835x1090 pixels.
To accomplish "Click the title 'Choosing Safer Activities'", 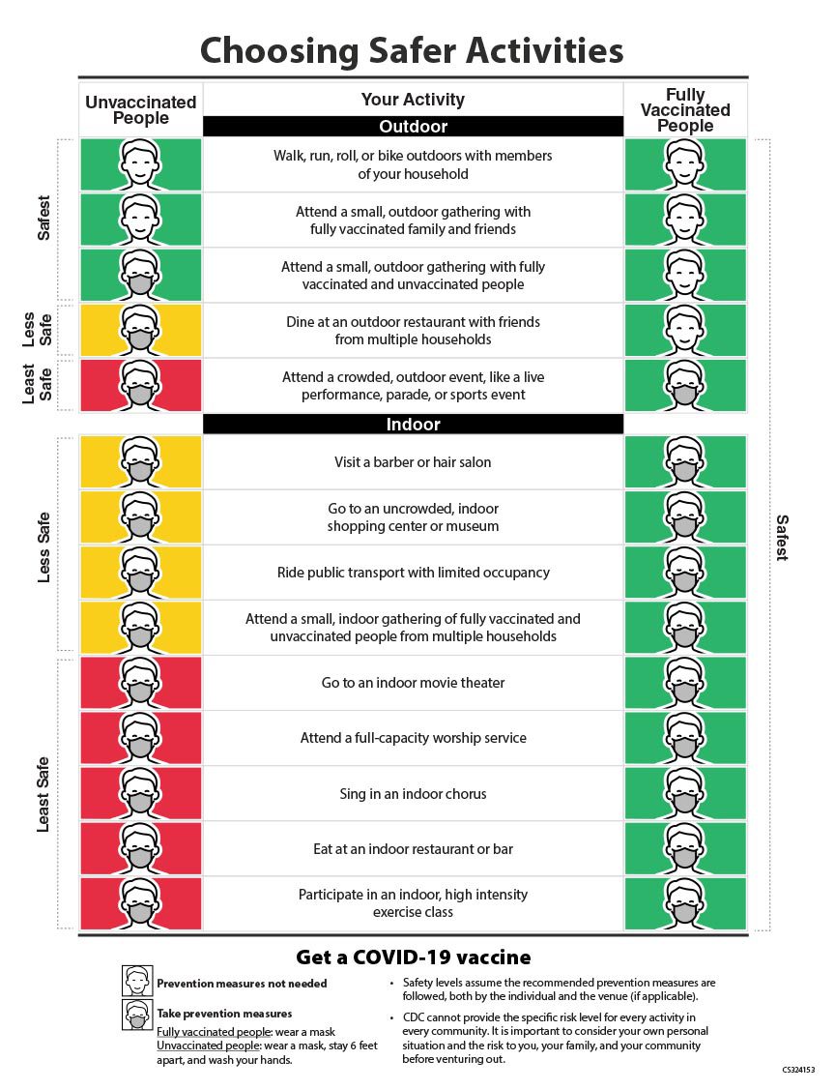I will (413, 49).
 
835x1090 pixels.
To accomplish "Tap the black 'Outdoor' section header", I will (413, 127).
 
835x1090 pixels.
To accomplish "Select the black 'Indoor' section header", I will (413, 425).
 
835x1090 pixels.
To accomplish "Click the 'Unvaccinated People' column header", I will (140, 110).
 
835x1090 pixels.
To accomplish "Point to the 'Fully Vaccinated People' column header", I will (685, 110).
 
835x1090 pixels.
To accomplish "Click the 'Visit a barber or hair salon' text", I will (413, 462).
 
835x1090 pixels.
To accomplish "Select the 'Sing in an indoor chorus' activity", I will (413, 794).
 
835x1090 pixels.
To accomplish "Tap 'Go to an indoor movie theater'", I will (413, 683).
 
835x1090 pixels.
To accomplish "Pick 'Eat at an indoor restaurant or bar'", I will (413, 849).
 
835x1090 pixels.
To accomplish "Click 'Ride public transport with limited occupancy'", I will (413, 573).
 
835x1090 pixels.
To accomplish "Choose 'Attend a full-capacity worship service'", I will (413, 738).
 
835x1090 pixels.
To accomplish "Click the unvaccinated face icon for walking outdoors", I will (140, 164).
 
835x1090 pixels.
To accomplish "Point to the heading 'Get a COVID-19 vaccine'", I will (413, 957).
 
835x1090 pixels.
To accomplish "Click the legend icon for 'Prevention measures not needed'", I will (137, 981).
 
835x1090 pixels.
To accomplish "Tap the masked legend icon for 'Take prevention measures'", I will (137, 1015).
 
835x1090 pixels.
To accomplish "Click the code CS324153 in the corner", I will (798, 1071).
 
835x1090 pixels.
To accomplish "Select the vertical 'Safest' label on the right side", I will (782, 537).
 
